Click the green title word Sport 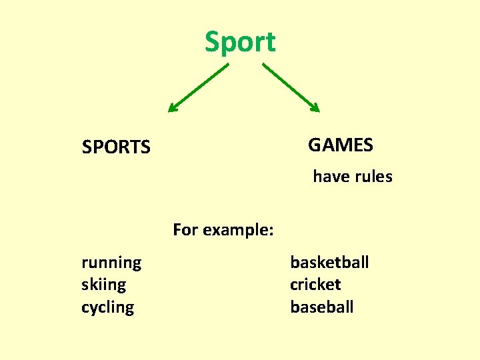pyautogui.click(x=240, y=42)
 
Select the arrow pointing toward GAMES pyautogui.click(x=291, y=87)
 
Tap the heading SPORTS pyautogui.click(x=116, y=147)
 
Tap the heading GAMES pyautogui.click(x=341, y=145)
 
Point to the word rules pyautogui.click(x=372, y=177)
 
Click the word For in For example pyautogui.click(x=185, y=230)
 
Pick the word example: pyautogui.click(x=238, y=230)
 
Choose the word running pyautogui.click(x=111, y=263)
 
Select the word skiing pyautogui.click(x=103, y=285)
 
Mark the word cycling pyautogui.click(x=107, y=307)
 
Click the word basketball pyautogui.click(x=329, y=262)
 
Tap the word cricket pyautogui.click(x=315, y=285)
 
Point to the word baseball pyautogui.click(x=322, y=307)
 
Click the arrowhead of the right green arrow pyautogui.click(x=316, y=108)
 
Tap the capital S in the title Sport pyautogui.click(x=213, y=42)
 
